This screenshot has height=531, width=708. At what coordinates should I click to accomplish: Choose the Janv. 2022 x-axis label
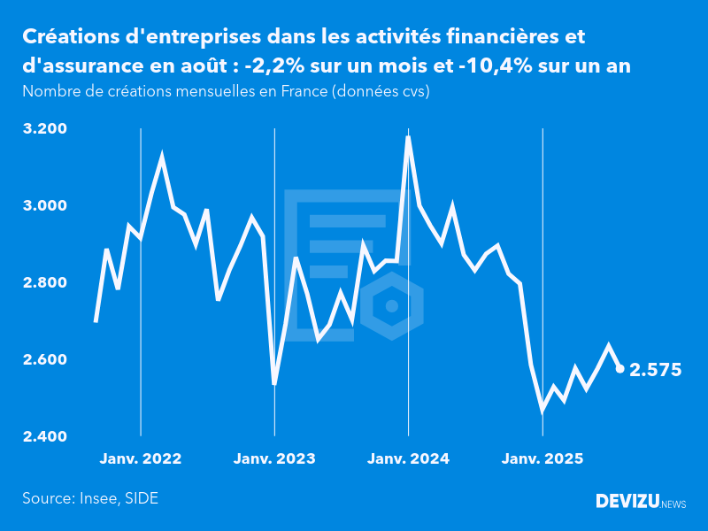tap(141, 459)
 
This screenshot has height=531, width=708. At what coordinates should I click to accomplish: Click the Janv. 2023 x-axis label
tap(274, 459)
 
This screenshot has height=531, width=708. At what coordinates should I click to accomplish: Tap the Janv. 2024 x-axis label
tap(408, 459)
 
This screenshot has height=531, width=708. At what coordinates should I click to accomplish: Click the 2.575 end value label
tap(655, 370)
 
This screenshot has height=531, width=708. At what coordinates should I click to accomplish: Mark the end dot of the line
tap(619, 368)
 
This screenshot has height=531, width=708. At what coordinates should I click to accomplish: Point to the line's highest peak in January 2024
tap(408, 137)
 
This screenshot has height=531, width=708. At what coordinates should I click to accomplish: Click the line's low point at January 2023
tap(274, 383)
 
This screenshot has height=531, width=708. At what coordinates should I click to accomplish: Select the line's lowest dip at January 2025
tap(542, 409)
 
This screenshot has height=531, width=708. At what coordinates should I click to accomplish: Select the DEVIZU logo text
tap(627, 502)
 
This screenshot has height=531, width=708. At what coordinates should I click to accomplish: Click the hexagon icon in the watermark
tap(390, 306)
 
